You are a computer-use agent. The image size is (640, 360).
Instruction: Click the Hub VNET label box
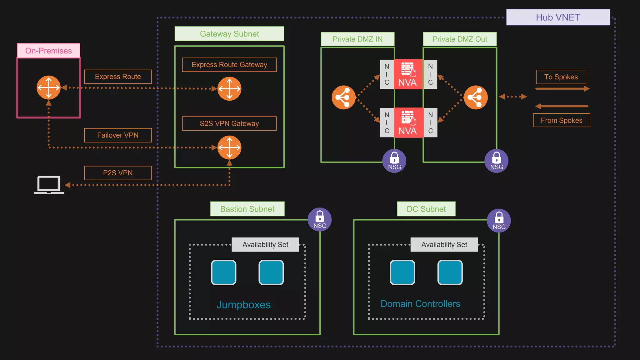click(558, 17)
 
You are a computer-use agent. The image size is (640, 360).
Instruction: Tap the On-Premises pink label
click(48, 51)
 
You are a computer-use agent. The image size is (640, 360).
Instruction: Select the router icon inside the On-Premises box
click(48, 87)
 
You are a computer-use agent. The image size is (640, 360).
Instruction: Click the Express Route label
click(118, 77)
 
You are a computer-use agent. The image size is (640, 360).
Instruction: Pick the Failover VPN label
click(118, 135)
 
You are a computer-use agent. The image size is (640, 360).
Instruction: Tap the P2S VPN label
click(118, 173)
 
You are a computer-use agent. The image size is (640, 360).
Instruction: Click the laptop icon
click(49, 185)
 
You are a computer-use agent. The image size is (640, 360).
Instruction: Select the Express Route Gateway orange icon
click(229, 89)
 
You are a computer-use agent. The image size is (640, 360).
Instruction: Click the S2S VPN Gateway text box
click(229, 123)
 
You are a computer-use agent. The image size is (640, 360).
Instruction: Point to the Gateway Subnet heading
click(229, 34)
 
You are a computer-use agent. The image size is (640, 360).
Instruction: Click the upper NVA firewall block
click(408, 74)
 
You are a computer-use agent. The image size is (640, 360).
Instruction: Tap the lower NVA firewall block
click(408, 123)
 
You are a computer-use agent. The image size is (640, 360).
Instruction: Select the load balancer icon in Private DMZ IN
click(343, 97)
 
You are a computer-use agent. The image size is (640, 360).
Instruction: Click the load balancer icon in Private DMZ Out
click(476, 97)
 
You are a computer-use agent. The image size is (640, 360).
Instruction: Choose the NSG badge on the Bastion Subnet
click(320, 219)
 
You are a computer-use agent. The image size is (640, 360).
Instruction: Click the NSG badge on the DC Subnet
click(499, 221)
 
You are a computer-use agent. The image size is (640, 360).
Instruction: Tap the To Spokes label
click(561, 77)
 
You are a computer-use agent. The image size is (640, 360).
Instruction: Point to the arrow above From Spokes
click(562, 106)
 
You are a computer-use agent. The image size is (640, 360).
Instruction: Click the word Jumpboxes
click(243, 305)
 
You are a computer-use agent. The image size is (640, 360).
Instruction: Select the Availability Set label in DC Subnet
click(444, 244)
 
